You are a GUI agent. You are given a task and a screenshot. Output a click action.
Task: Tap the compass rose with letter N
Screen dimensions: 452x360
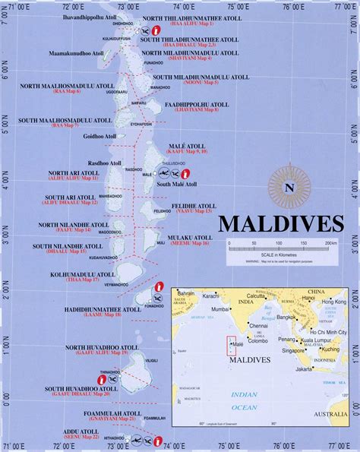click(x=289, y=187)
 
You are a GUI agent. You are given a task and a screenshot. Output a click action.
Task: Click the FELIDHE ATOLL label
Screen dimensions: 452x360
click(x=195, y=205)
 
